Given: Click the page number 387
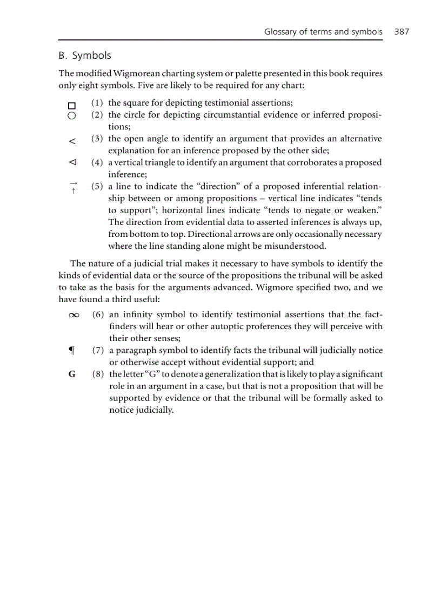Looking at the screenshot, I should tap(402, 32).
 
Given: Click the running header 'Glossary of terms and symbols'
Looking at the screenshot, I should tap(323, 32).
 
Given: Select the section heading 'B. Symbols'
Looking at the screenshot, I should tap(85, 56).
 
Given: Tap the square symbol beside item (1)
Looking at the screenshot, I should tap(71, 106).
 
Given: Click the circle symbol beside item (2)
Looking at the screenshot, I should tap(71, 115).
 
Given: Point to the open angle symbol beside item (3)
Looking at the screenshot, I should tap(72, 141).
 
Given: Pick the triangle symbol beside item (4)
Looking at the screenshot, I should tap(72, 162).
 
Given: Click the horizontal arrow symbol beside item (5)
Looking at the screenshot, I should tap(73, 183).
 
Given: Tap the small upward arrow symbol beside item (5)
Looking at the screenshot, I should tap(73, 190).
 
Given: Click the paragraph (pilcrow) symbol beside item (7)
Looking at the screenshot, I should tap(71, 351).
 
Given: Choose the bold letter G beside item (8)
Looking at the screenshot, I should tap(71, 375).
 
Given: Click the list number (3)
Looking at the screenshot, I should tap(97, 139).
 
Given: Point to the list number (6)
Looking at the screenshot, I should tap(98, 315).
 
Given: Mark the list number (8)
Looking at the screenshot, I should tap(98, 374).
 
